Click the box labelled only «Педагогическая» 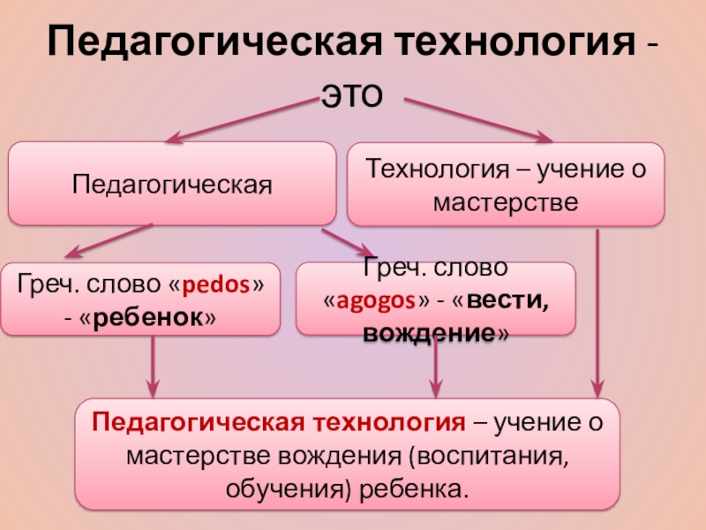click(x=171, y=185)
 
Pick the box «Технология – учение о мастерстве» click(x=505, y=185)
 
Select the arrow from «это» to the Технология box click(x=477, y=118)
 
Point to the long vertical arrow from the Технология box click(x=598, y=309)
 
